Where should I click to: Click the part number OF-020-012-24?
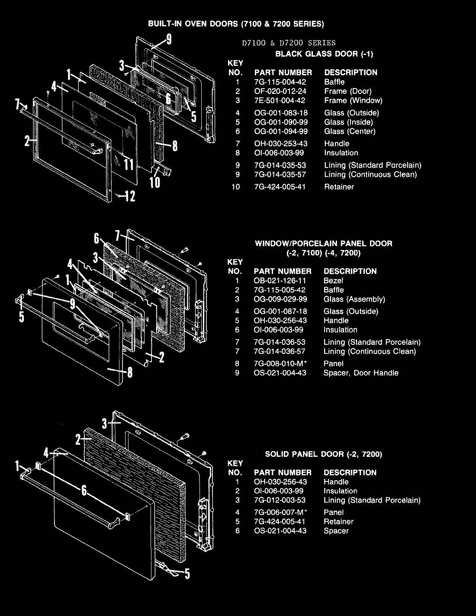283,91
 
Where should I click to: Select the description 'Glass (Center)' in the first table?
350,132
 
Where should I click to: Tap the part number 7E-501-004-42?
280,100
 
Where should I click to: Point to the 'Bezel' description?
333,281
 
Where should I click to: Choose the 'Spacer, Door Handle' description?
361,373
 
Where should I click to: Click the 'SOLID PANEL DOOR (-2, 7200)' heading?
323,454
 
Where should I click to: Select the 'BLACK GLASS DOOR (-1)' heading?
324,54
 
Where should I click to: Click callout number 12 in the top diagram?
129,197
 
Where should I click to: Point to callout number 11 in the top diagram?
129,164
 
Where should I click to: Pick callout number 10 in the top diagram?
155,182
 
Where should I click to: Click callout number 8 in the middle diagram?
129,372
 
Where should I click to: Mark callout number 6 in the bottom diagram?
84,491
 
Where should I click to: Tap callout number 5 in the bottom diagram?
187,574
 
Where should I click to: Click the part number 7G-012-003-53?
280,500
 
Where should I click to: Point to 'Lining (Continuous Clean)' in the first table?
370,174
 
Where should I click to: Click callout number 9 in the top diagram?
169,39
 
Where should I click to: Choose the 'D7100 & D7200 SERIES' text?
289,43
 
